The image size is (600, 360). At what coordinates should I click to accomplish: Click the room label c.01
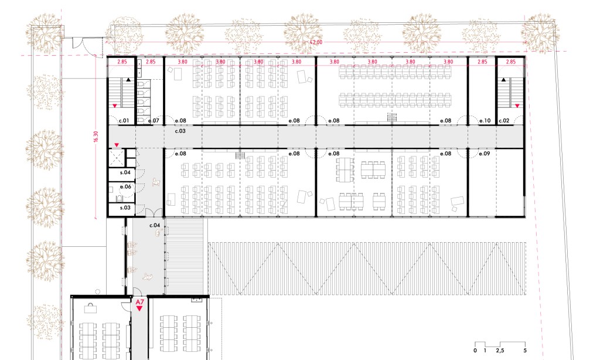124,121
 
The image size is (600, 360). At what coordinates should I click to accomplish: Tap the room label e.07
154,121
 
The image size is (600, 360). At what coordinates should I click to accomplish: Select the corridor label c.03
180,131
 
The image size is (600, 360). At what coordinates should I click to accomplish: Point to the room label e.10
485,121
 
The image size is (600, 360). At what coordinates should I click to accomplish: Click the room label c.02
504,121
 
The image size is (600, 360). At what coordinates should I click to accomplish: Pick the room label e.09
485,154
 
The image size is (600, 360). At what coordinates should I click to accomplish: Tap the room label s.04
125,172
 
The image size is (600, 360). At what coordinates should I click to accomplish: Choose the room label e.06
125,187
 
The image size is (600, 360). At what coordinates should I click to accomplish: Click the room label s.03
125,208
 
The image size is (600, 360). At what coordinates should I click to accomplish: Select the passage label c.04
155,225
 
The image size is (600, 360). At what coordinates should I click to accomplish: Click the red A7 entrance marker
139,305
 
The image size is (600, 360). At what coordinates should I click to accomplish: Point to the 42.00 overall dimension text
316,42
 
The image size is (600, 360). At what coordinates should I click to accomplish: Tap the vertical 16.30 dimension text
96,137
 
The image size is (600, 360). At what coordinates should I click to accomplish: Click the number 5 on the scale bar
525,351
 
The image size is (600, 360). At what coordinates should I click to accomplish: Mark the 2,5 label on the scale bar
500,351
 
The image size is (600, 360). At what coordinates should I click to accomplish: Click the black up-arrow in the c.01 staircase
128,80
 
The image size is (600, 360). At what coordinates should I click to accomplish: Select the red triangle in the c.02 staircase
517,106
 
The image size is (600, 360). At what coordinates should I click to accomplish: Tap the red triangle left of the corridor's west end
117,145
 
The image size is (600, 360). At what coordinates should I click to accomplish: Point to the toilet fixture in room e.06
120,198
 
